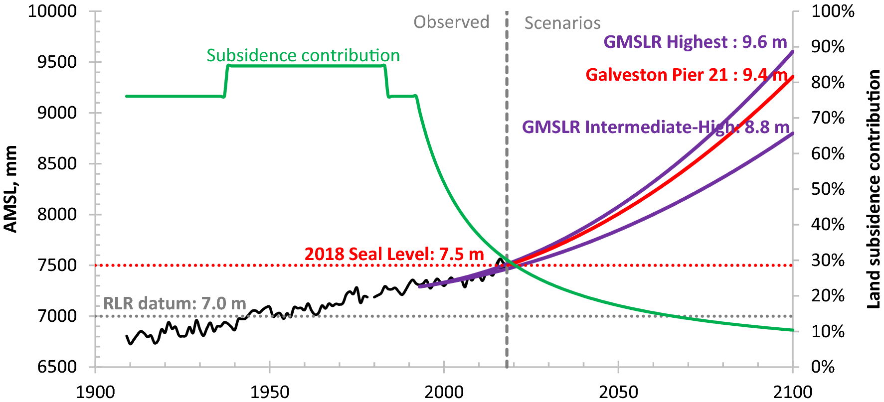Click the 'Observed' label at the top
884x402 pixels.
[451, 22]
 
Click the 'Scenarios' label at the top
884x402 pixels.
[562, 23]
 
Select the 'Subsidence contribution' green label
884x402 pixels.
[303, 55]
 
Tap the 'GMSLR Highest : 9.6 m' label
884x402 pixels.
[695, 42]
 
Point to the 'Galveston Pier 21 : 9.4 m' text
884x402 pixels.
[686, 75]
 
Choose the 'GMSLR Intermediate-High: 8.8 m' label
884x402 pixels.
[656, 127]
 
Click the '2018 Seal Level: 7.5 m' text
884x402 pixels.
[394, 254]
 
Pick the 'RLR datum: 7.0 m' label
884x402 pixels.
[175, 303]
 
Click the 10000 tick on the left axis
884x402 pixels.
[52, 11]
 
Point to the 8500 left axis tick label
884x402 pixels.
[57, 163]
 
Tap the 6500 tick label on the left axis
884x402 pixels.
[57, 367]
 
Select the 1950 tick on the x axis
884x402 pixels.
[269, 392]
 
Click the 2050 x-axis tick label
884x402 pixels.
[618, 392]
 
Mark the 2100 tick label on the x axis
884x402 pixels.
[793, 392]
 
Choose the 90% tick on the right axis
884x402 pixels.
[828, 47]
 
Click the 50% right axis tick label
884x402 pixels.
[828, 189]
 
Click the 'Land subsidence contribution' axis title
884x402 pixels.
[874, 189]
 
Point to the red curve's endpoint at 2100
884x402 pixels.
[792, 77]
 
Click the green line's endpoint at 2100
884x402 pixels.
[792, 330]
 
